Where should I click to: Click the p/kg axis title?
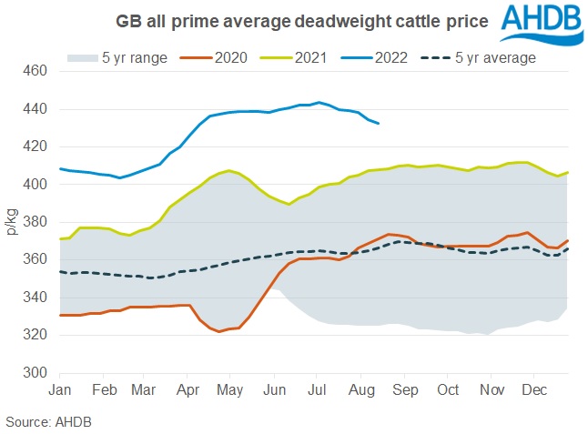13,222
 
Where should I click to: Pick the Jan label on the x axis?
60,389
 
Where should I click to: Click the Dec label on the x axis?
533,389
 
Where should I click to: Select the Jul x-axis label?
318,389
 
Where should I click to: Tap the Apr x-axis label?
188,389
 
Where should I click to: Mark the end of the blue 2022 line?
379,123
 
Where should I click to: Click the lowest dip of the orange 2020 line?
219,331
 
